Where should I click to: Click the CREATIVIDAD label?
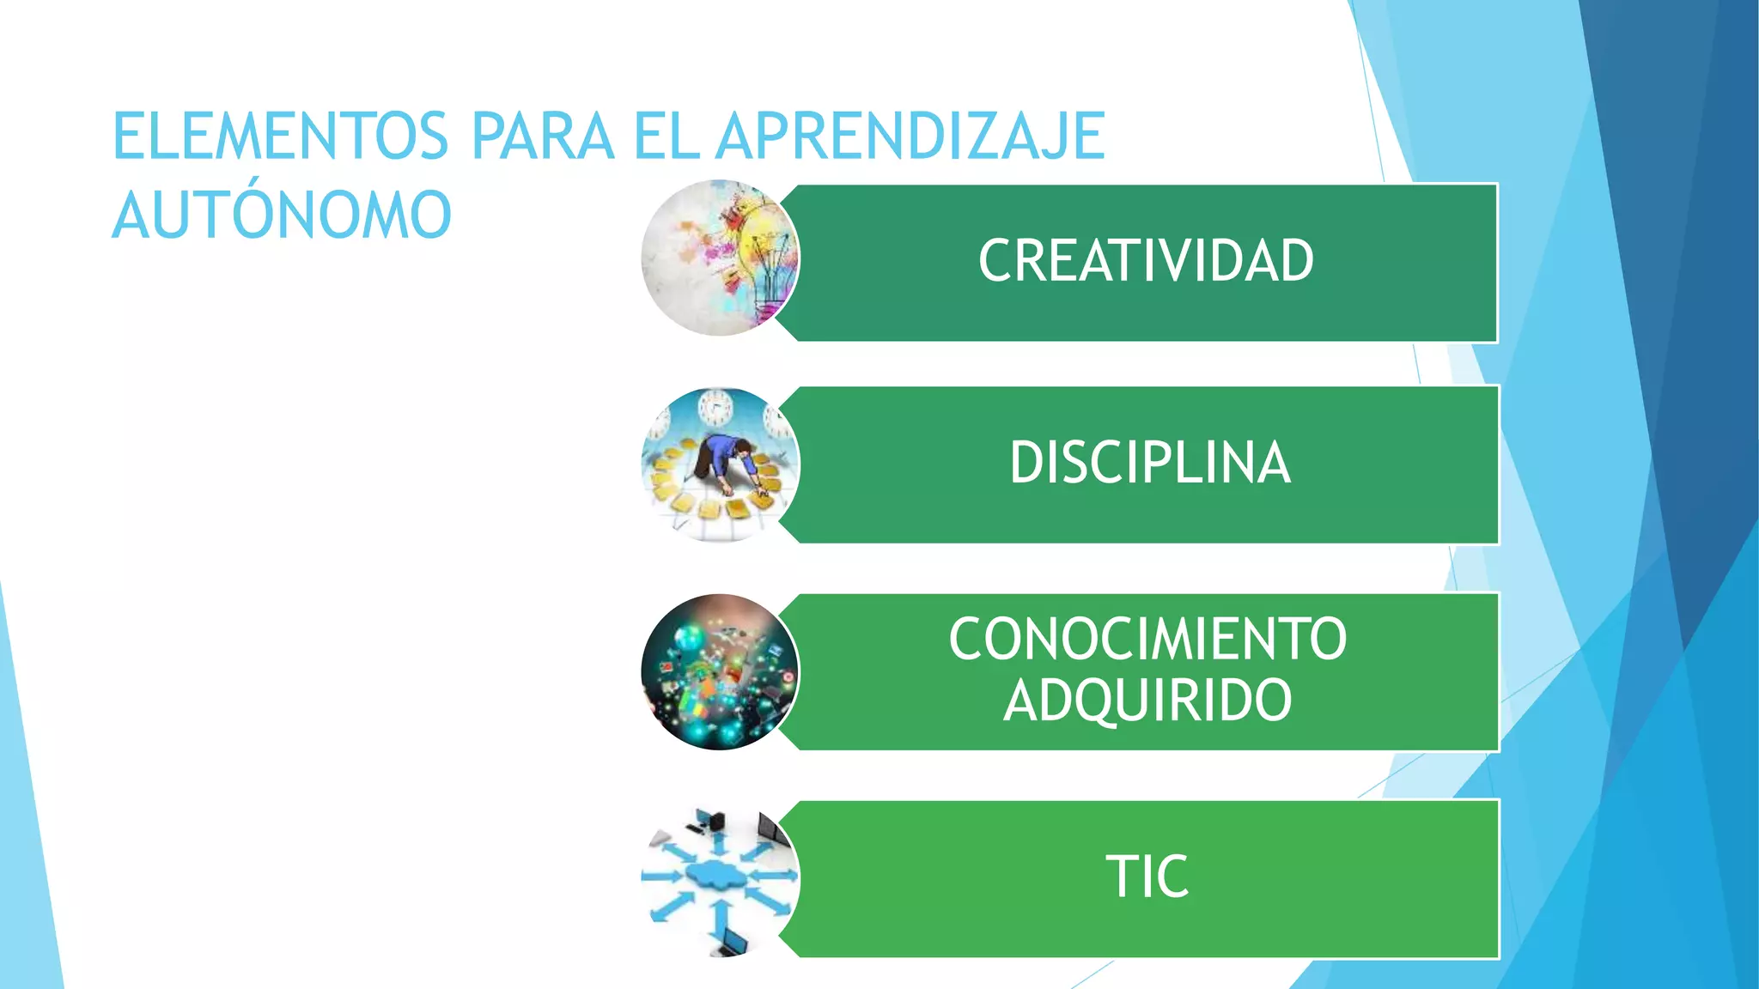click(1146, 261)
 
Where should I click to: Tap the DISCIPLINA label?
click(1150, 464)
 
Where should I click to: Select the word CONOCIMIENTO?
click(1147, 640)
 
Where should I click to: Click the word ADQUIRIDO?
click(1147, 701)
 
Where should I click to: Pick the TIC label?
click(1147, 877)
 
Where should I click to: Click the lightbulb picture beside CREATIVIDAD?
click(720, 258)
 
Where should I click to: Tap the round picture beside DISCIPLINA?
click(720, 464)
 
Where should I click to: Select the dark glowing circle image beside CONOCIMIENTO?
click(720, 672)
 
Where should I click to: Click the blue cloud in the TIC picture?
click(717, 876)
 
